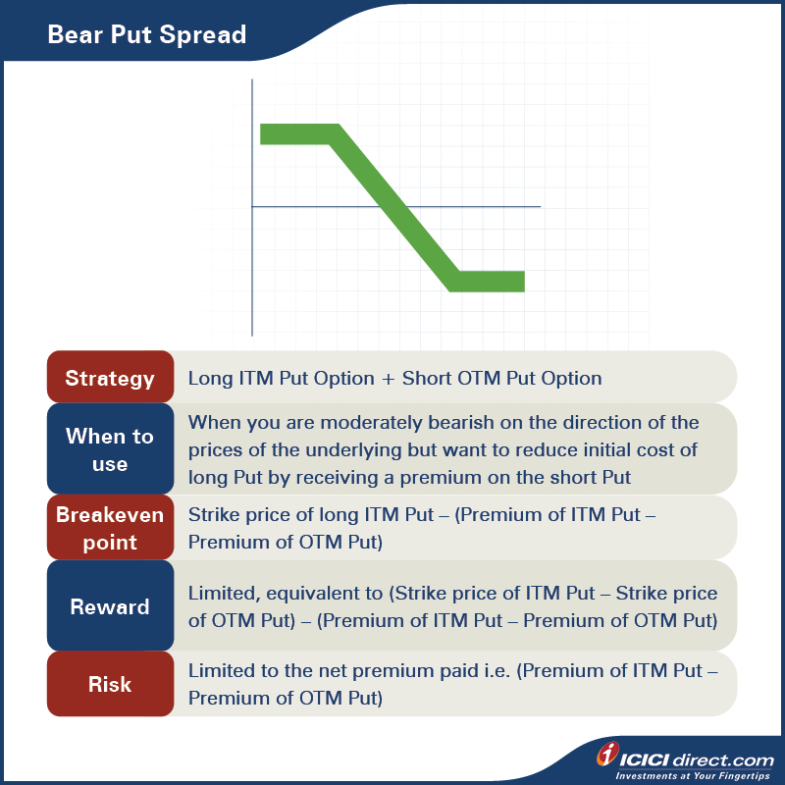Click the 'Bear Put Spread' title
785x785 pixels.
147,36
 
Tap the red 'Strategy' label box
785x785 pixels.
110,378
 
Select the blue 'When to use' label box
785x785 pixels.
110,449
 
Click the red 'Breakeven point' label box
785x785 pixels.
110,528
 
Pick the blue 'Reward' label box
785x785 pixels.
110,606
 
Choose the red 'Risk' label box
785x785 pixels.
110,684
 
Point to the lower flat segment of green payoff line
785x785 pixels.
489,282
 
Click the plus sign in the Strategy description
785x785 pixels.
389,379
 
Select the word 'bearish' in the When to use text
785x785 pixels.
429,423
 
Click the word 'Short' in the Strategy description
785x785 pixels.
426,379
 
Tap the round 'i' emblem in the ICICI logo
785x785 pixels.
608,756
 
